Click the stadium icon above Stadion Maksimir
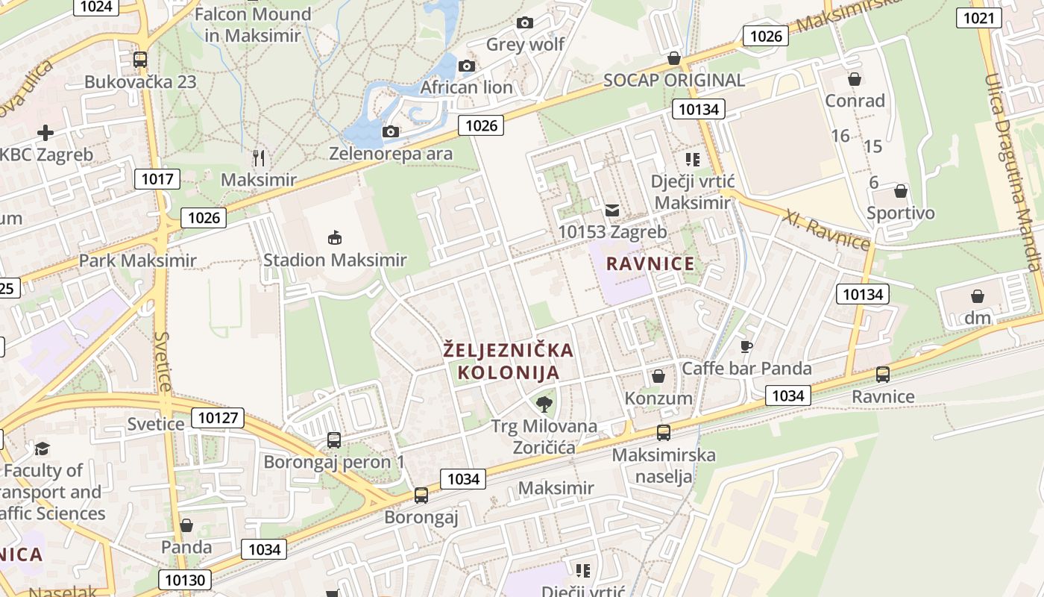pyautogui.click(x=334, y=238)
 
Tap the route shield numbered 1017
pyautogui.click(x=157, y=178)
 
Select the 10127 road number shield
pyautogui.click(x=218, y=418)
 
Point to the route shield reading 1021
pyautogui.click(x=978, y=18)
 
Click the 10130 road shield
pyautogui.click(x=184, y=580)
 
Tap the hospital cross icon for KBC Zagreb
pyautogui.click(x=45, y=133)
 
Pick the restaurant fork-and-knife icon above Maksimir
pyautogui.click(x=259, y=157)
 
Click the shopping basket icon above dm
pyautogui.click(x=977, y=296)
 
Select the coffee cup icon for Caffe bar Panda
pyautogui.click(x=746, y=346)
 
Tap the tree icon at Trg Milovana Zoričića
pyautogui.click(x=544, y=404)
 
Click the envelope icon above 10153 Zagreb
pyautogui.click(x=612, y=210)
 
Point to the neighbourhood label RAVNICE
pyautogui.click(x=650, y=263)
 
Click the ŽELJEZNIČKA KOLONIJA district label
pyautogui.click(x=509, y=361)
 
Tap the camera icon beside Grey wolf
pyautogui.click(x=525, y=23)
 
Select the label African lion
pyautogui.click(x=467, y=87)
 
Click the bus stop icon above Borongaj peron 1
pyautogui.click(x=333, y=440)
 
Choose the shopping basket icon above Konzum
pyautogui.click(x=658, y=376)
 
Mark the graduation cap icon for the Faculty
pyautogui.click(x=42, y=448)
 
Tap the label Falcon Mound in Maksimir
pyautogui.click(x=253, y=25)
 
